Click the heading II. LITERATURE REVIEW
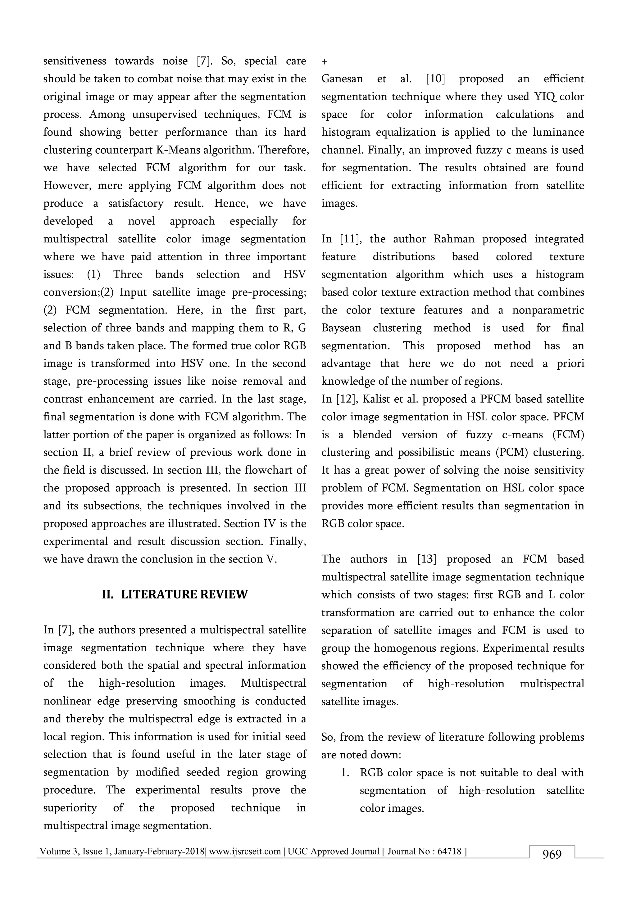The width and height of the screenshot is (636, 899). coord(175,594)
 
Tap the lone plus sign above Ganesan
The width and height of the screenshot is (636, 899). coord(324,62)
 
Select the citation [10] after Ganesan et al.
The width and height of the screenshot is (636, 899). coord(435,79)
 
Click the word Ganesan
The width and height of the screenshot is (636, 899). coord(342,79)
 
